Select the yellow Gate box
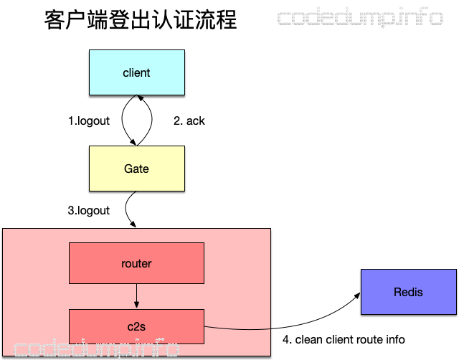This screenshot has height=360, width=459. coord(136,169)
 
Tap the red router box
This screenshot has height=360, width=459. coord(136,263)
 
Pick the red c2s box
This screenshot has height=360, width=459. coord(136,326)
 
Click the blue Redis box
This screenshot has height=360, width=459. coord(408,292)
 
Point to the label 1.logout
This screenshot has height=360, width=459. coord(89,120)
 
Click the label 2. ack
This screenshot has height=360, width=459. coord(189,120)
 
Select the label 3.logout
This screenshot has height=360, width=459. coord(89,210)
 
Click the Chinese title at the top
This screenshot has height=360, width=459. coord(140,19)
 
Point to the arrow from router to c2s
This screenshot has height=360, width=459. coord(136,296)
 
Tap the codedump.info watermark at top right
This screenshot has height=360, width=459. coord(360,18)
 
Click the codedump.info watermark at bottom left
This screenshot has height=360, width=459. coord(90,349)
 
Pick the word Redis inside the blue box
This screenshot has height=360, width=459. coord(408,292)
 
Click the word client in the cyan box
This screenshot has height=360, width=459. coord(136,72)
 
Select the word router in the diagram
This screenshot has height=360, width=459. coord(136,263)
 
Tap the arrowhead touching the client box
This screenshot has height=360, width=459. coord(141,99)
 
